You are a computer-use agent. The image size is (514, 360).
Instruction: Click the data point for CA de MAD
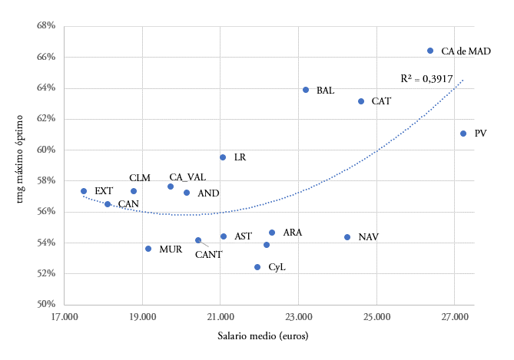pos(430,51)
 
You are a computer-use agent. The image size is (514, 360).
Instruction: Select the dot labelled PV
pos(463,134)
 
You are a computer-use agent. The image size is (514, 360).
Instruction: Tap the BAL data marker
pos(306,90)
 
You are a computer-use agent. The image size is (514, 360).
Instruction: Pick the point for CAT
pos(361,101)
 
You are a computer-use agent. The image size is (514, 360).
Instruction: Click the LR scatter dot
pos(223,157)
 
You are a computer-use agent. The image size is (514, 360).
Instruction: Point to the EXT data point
pos(84,191)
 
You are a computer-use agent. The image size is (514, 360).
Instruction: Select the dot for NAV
pos(347,237)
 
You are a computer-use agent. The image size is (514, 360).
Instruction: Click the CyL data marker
pos(257,267)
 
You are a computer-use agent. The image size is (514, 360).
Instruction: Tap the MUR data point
pos(148,249)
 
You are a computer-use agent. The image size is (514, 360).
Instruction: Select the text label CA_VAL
pos(187,177)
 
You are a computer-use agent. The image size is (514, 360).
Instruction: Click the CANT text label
pos(208,254)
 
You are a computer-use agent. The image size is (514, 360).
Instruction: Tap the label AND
pos(208,193)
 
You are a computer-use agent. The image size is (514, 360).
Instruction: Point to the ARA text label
pos(293,232)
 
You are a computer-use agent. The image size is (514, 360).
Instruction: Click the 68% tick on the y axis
pos(45,26)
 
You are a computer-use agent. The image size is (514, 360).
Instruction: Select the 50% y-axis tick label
pos(45,305)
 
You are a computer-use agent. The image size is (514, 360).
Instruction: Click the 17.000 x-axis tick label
pos(64,317)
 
